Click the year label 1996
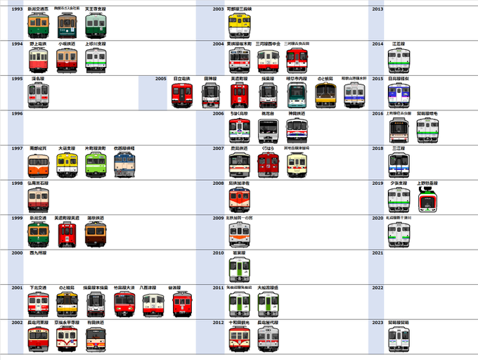click(x=18, y=113)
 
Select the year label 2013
click(x=377, y=9)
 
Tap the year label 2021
click(x=377, y=252)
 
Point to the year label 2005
click(x=160, y=79)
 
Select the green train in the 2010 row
click(x=239, y=269)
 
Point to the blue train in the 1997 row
click(x=124, y=165)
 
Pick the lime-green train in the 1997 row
click(x=96, y=165)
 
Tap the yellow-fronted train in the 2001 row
click(x=67, y=304)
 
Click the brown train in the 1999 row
click(x=96, y=235)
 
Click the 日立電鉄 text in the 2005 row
click(x=182, y=79)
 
